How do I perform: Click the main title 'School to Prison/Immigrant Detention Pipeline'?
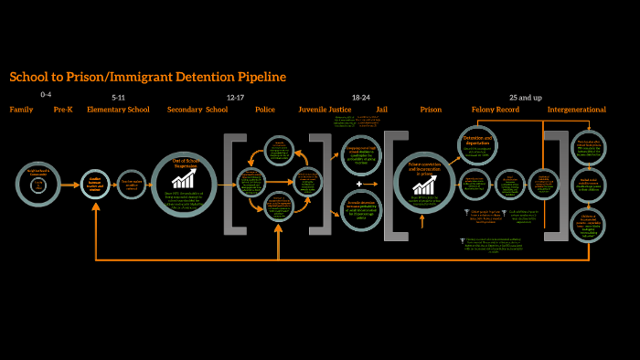pyautogui.click(x=147, y=77)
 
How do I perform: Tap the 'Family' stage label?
pyautogui.click(x=21, y=110)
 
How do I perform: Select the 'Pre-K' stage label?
pyautogui.click(x=63, y=110)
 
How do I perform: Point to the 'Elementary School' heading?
pyautogui.click(x=118, y=110)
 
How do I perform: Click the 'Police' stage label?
pyautogui.click(x=265, y=110)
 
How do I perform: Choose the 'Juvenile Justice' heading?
pyautogui.click(x=325, y=110)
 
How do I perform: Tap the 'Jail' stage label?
pyautogui.click(x=382, y=110)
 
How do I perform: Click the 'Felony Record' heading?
pyautogui.click(x=496, y=110)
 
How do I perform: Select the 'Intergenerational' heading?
pyautogui.click(x=576, y=110)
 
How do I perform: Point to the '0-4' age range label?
pyautogui.click(x=46, y=95)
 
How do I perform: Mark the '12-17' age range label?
pyautogui.click(x=235, y=96)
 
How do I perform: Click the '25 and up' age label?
pyautogui.click(x=526, y=96)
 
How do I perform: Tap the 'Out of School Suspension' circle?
pyautogui.click(x=183, y=184)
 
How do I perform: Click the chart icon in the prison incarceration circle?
pyautogui.click(x=424, y=185)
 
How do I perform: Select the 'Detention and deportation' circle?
pyautogui.click(x=477, y=144)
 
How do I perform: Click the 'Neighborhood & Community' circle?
pyautogui.click(x=38, y=184)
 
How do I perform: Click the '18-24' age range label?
pyautogui.click(x=360, y=96)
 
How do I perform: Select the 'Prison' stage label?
pyautogui.click(x=431, y=110)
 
